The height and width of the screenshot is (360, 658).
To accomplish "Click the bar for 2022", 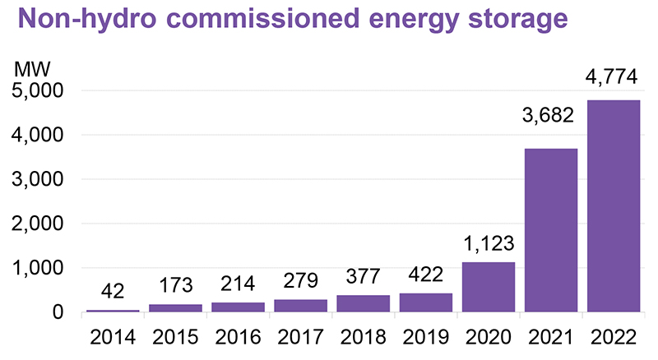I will click(614, 206).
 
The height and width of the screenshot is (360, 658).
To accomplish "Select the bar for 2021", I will click(551, 230).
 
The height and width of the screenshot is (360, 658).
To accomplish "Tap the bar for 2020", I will click(489, 287).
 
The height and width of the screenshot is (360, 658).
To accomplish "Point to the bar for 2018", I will click(363, 303).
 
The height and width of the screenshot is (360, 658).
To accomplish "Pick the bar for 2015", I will click(175, 308).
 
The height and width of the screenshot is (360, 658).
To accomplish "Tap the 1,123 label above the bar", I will click(488, 244).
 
